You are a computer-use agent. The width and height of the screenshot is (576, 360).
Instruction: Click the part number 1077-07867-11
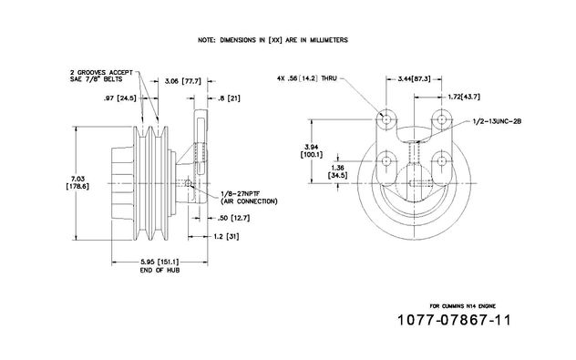pyautogui.click(x=454, y=320)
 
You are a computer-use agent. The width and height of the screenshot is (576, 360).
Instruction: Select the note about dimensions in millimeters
pyautogui.click(x=273, y=40)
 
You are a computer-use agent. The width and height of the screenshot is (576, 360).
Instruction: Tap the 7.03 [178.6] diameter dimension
pyautogui.click(x=77, y=182)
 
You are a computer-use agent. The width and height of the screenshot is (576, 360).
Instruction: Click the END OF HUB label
pyautogui.click(x=159, y=270)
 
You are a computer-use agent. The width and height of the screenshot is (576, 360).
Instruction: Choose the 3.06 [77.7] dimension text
pyautogui.click(x=183, y=81)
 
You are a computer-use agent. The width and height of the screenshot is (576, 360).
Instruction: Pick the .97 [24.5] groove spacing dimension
pyautogui.click(x=119, y=98)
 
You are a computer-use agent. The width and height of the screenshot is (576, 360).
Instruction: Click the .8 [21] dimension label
pyautogui.click(x=229, y=98)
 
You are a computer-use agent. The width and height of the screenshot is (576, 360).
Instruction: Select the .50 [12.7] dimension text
pyautogui.click(x=233, y=218)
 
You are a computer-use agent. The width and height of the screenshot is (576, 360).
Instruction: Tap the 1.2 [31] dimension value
pyautogui.click(x=226, y=236)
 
